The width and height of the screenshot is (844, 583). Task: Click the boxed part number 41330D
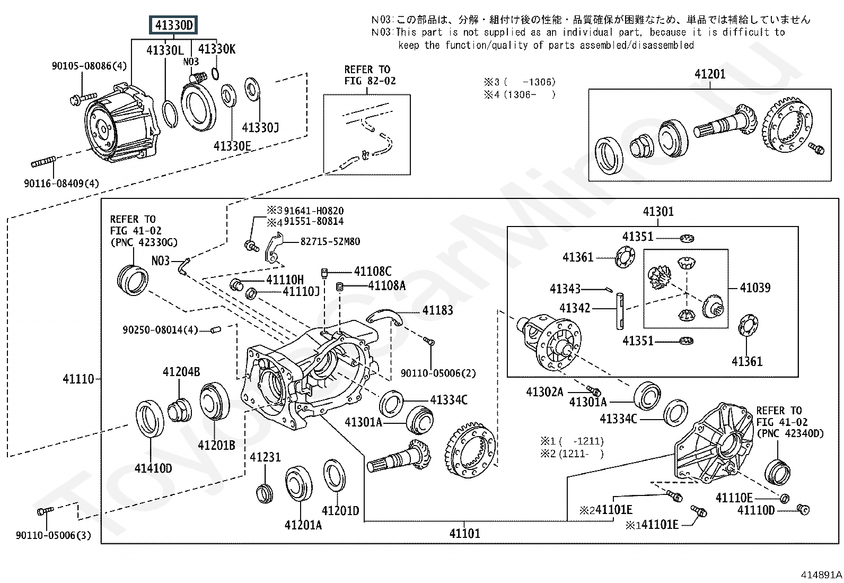pos(174,25)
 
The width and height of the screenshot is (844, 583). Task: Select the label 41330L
pos(165,50)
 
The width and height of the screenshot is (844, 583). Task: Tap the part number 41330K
pos(216,49)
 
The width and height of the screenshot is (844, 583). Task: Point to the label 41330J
pos(260,128)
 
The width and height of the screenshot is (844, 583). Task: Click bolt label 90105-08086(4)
pos(89,66)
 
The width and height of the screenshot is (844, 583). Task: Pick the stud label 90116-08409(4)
pos(61,184)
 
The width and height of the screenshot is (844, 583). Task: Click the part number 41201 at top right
pos(709,74)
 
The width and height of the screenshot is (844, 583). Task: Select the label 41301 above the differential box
pos(658,212)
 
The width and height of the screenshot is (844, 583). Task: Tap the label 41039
pos(755,288)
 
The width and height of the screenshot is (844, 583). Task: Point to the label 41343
pos(565,289)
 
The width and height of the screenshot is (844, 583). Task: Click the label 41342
pos(575,308)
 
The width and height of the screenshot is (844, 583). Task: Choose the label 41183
pos(437,310)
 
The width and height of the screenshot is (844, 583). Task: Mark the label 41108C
pos(372,272)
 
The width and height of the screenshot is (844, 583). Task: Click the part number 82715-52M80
pos(330,242)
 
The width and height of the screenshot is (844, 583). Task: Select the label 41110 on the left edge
pos(78,379)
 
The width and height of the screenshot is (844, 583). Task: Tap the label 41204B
pos(181,372)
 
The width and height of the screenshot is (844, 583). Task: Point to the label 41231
pos(265,457)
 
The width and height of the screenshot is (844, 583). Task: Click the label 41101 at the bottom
pos(464,534)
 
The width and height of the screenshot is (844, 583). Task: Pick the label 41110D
pos(755,510)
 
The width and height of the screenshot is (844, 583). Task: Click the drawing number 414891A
pos(821,575)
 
